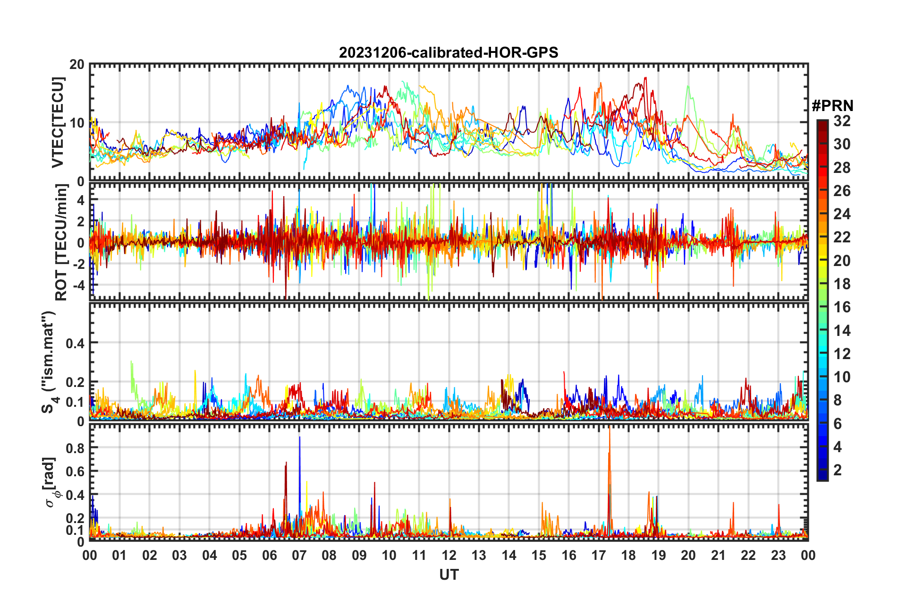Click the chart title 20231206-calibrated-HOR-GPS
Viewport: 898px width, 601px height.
(x=449, y=52)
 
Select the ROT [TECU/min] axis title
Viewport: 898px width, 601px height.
(x=61, y=242)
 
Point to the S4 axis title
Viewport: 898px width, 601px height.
(x=49, y=362)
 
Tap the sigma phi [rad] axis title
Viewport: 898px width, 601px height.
(x=51, y=482)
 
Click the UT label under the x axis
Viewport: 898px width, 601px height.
(x=449, y=575)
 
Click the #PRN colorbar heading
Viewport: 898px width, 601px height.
(x=832, y=106)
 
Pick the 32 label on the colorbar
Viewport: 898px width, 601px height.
(x=842, y=121)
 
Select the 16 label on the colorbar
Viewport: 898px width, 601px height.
(x=842, y=308)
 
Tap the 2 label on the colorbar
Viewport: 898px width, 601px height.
(x=838, y=470)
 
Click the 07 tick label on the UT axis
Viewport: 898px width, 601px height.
(x=299, y=555)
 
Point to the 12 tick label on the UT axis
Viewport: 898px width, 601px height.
(x=449, y=555)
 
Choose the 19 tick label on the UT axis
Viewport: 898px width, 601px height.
(x=659, y=555)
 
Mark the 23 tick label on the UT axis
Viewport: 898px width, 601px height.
(x=778, y=555)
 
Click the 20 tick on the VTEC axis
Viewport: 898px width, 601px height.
(x=77, y=65)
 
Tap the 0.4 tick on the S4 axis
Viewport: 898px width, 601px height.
(x=75, y=343)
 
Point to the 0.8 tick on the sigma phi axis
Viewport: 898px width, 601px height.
(x=75, y=448)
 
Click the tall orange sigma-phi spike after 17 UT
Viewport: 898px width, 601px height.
(x=610, y=454)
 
